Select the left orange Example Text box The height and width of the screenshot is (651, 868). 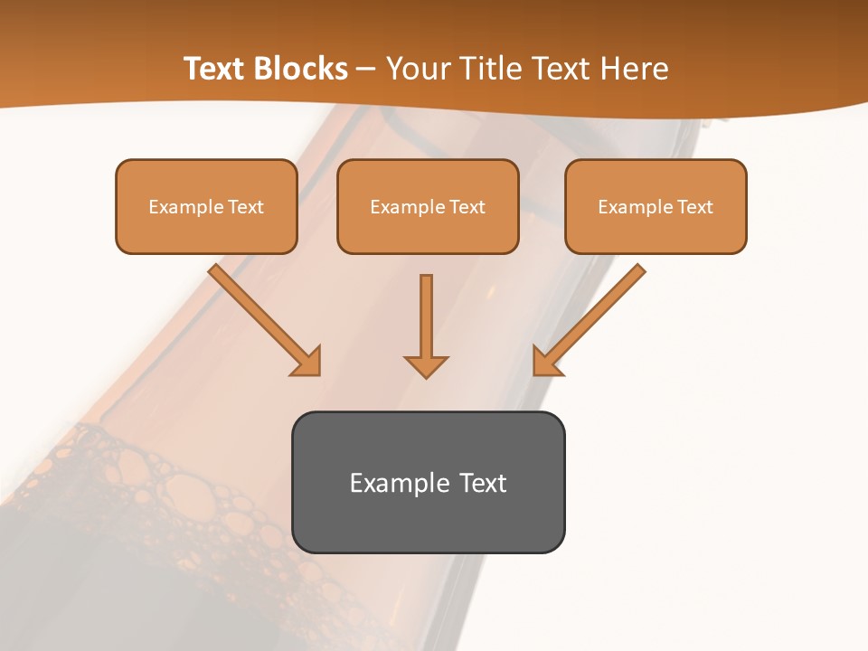click(206, 206)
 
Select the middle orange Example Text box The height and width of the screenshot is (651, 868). click(428, 206)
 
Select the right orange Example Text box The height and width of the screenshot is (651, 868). click(656, 206)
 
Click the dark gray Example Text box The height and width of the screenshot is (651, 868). click(428, 482)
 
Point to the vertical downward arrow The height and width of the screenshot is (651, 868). click(426, 321)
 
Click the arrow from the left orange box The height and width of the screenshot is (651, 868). click(262, 316)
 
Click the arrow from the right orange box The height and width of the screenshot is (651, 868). click(592, 316)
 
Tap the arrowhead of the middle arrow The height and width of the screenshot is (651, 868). click(426, 365)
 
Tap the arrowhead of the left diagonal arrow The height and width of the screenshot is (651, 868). click(307, 362)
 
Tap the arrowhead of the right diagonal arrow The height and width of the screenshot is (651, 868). click(546, 362)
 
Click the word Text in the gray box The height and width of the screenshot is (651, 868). click(483, 483)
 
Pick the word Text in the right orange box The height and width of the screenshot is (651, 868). click(695, 207)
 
